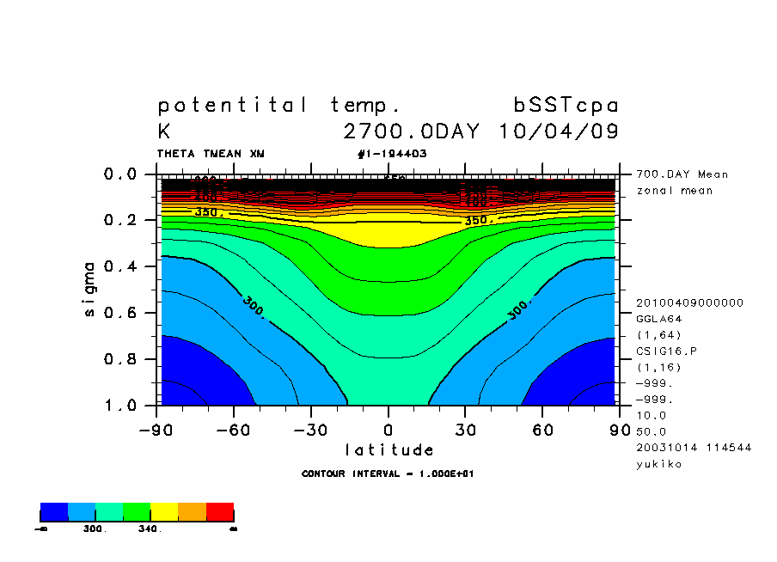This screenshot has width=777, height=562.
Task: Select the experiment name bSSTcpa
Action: click(566, 106)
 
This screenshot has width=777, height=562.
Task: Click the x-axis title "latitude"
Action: click(389, 449)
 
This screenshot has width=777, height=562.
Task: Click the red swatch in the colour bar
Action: click(220, 511)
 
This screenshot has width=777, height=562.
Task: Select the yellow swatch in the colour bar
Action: click(164, 511)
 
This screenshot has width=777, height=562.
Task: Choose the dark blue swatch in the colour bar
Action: click(54, 511)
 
